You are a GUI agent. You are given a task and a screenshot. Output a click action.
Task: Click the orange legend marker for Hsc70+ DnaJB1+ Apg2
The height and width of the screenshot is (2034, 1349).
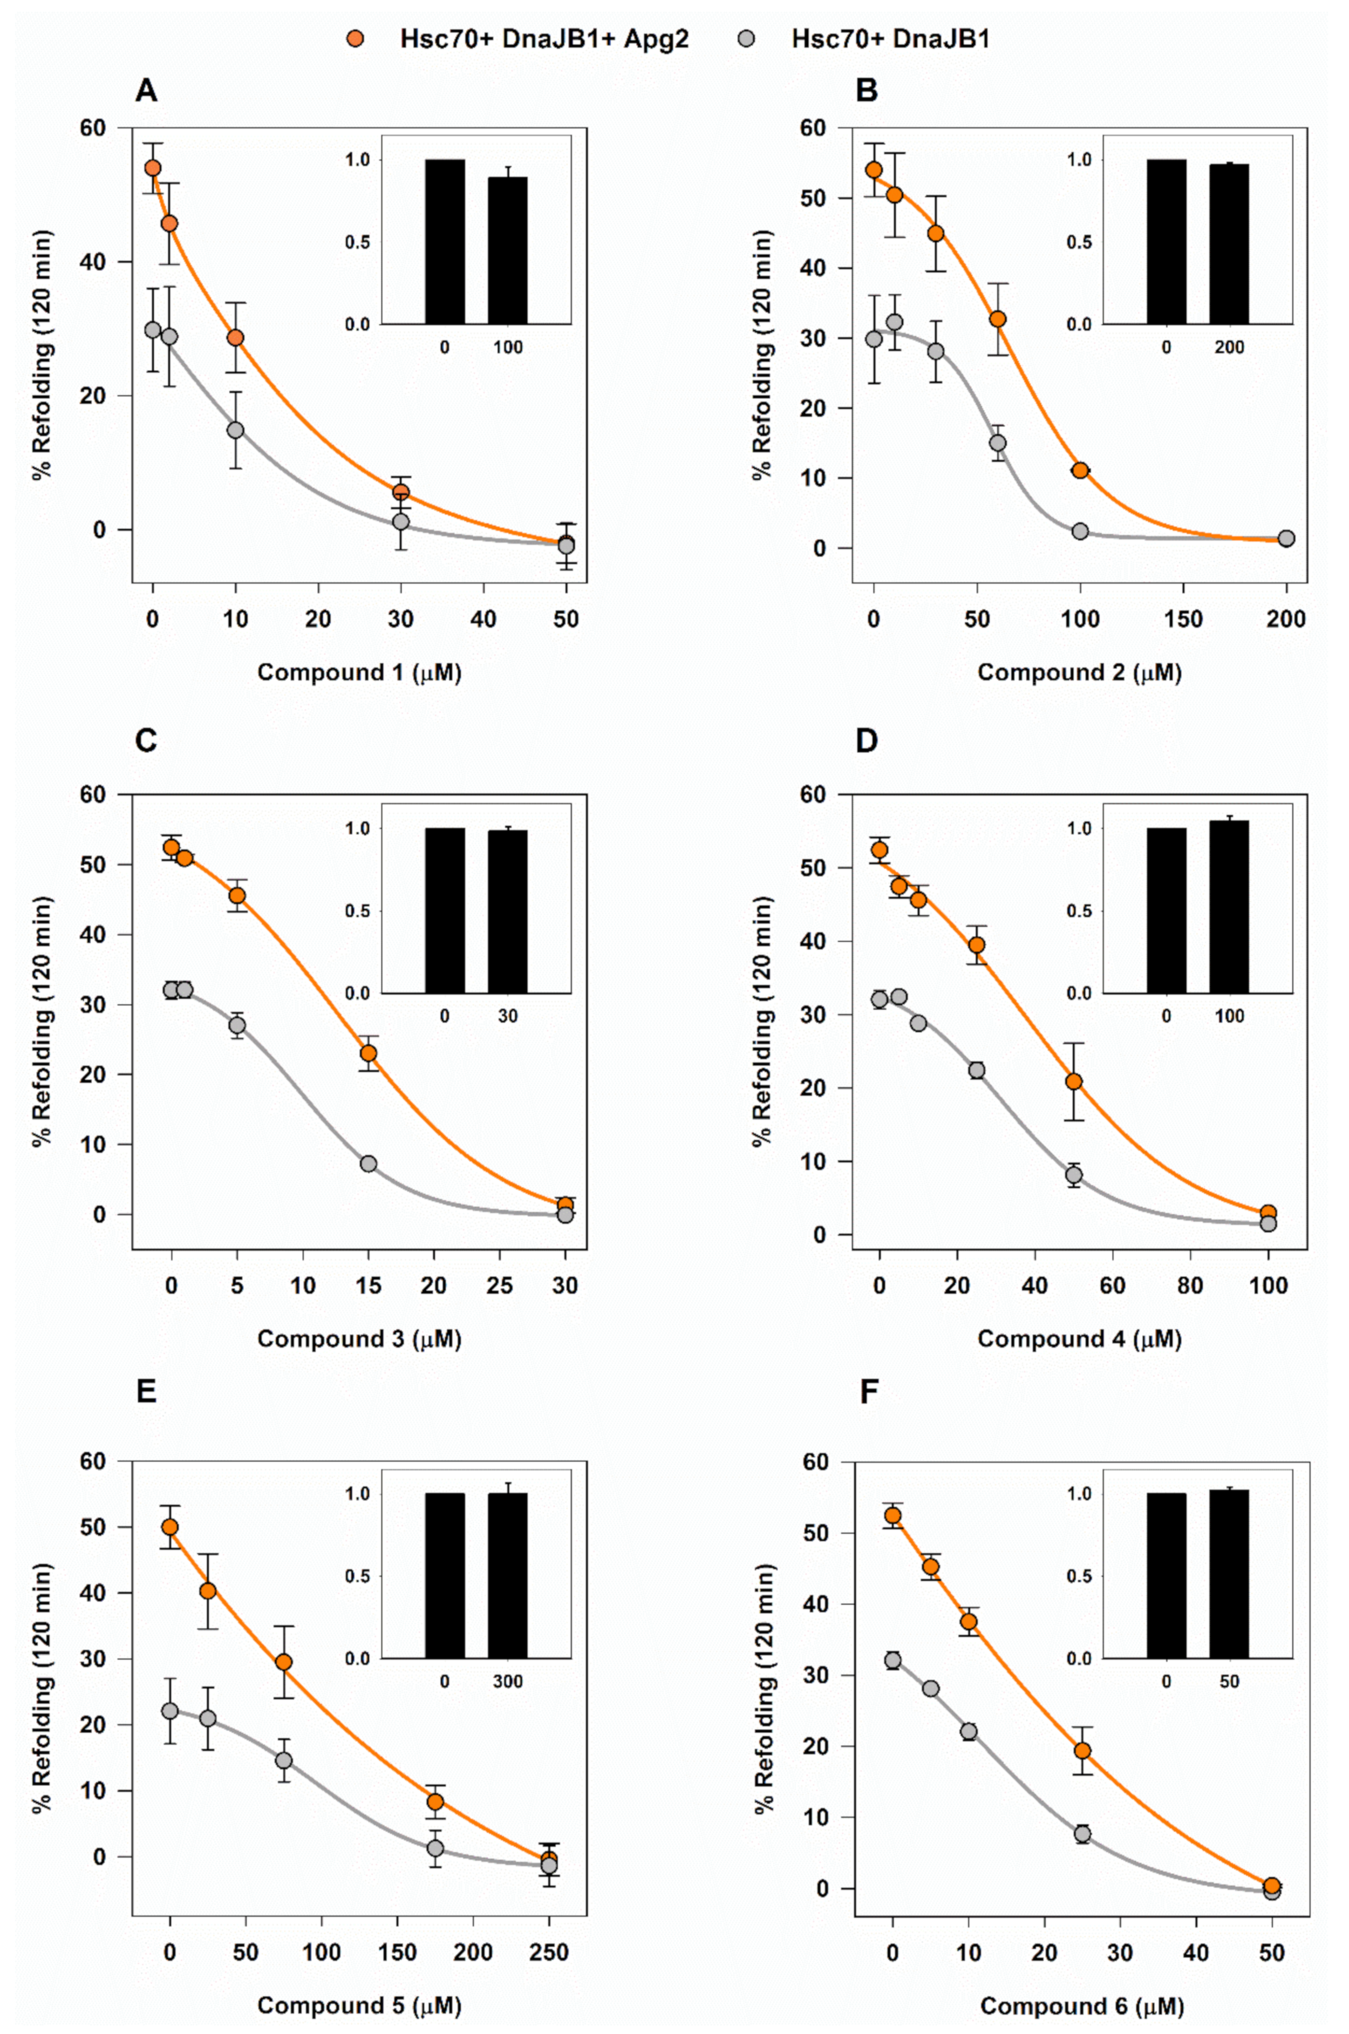[355, 39]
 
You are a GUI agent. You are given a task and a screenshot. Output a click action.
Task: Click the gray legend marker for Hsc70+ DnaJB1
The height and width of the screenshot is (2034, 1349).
[748, 39]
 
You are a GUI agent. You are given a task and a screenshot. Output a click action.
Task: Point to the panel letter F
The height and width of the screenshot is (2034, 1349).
[869, 1392]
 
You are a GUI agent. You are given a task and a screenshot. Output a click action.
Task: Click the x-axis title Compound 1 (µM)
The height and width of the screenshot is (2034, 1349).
[359, 672]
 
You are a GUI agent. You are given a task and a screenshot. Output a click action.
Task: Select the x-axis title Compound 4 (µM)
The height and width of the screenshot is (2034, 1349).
[1079, 1339]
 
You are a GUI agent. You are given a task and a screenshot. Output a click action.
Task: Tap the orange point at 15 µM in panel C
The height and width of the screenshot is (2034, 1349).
[368, 1053]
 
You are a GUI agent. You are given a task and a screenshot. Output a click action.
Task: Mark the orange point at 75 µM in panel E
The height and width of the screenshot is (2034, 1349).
[284, 1662]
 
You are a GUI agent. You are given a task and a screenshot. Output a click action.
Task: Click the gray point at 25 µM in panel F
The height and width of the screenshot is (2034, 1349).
[1082, 1834]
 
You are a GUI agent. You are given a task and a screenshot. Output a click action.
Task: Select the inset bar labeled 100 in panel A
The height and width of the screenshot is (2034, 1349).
[508, 250]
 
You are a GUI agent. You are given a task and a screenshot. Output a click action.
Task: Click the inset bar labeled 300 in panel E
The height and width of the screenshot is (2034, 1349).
[508, 1576]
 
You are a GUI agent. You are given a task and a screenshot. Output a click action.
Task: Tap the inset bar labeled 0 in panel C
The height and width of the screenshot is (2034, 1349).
[445, 910]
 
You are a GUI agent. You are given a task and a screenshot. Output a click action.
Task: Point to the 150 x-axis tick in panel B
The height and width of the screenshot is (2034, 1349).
[1183, 618]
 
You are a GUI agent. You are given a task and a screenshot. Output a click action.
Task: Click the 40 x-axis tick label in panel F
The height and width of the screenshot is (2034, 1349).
[1196, 1953]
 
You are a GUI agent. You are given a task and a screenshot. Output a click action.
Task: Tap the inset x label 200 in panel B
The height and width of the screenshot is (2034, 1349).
[1229, 348]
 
